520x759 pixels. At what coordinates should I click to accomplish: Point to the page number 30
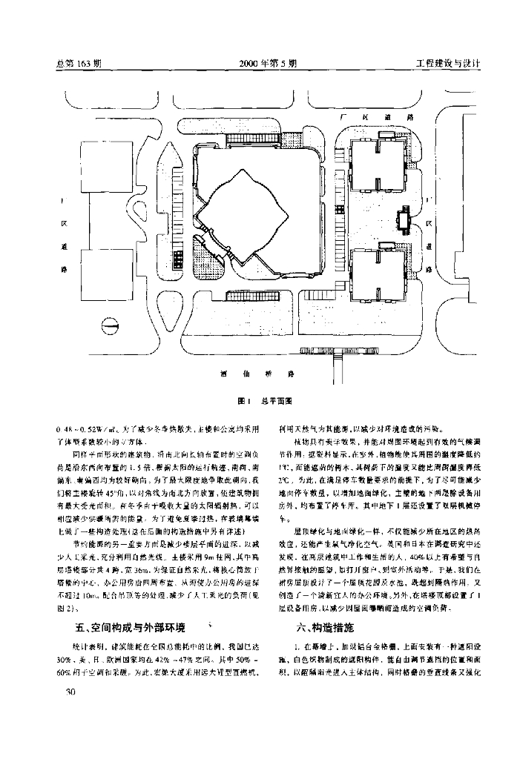[72, 692]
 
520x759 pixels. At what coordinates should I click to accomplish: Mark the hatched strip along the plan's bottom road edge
[349, 348]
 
